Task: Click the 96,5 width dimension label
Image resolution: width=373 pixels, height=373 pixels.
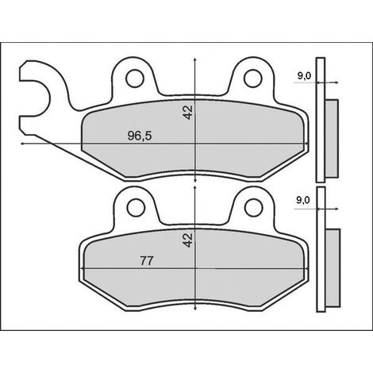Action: point(140,136)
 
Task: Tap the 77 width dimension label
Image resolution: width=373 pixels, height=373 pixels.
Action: point(147,261)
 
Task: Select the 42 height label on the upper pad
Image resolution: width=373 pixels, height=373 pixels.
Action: point(188,113)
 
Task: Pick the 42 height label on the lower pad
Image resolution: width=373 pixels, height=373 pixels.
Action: point(188,240)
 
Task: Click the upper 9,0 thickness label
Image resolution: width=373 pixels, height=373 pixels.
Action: point(304,76)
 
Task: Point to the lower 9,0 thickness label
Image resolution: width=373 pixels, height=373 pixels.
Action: point(303,200)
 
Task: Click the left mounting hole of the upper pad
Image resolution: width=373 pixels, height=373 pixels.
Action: point(135,79)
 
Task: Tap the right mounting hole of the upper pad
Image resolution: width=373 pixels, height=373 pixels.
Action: point(253,79)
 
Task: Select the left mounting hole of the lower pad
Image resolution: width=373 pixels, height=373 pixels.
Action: point(136,208)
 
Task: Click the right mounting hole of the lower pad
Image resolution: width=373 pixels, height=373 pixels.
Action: point(254,208)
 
